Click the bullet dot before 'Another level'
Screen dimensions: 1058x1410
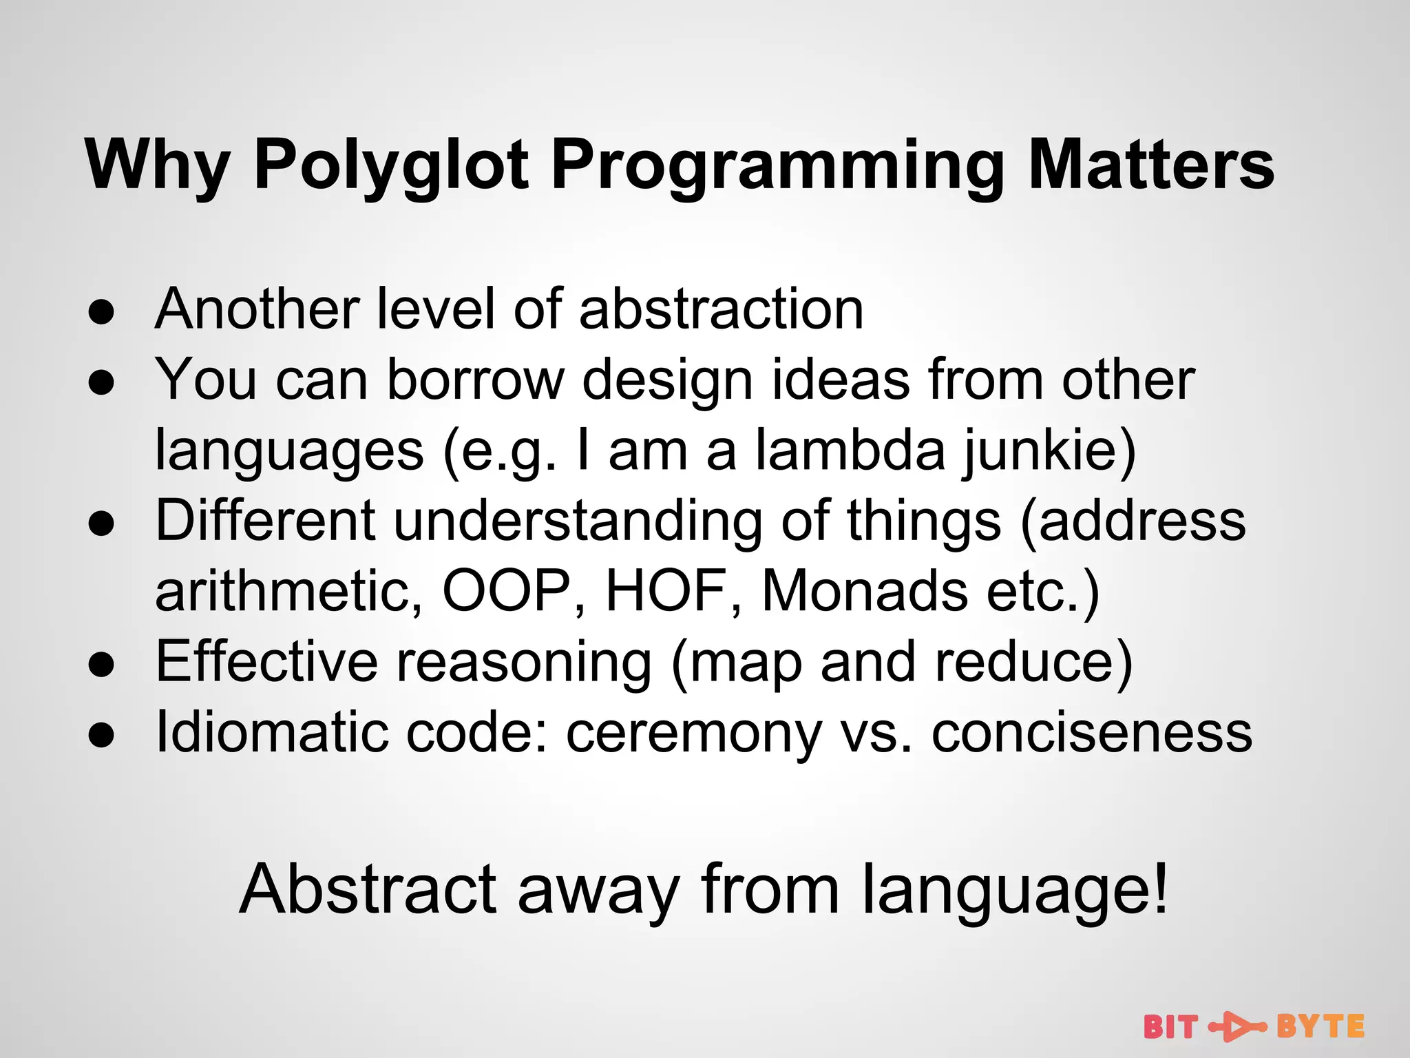click(101, 312)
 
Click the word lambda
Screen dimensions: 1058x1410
click(851, 451)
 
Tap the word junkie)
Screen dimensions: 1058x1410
click(1049, 451)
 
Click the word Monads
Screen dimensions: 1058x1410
click(865, 591)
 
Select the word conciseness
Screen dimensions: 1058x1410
click(1092, 733)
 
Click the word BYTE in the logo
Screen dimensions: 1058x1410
click(1320, 1027)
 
